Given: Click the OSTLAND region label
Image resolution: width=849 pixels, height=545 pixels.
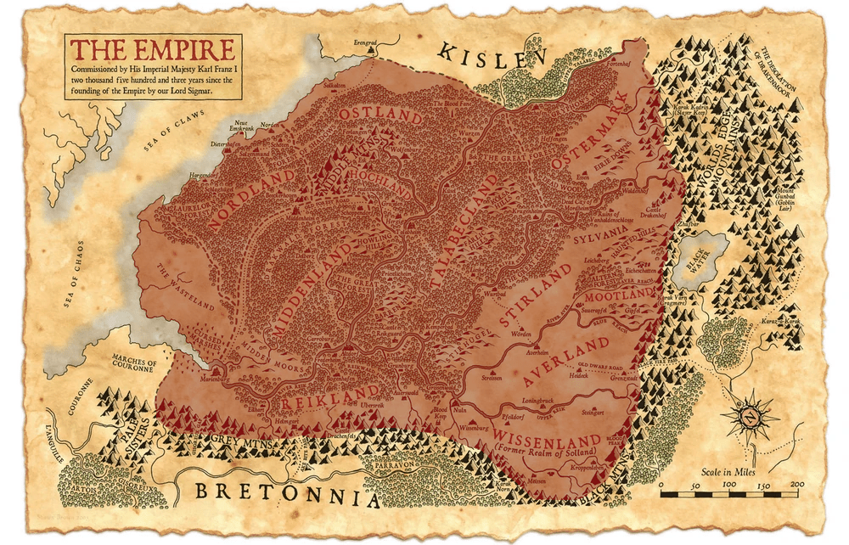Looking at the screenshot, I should [x=369, y=114].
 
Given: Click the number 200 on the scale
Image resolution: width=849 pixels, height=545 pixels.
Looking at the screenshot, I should [x=796, y=484].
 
